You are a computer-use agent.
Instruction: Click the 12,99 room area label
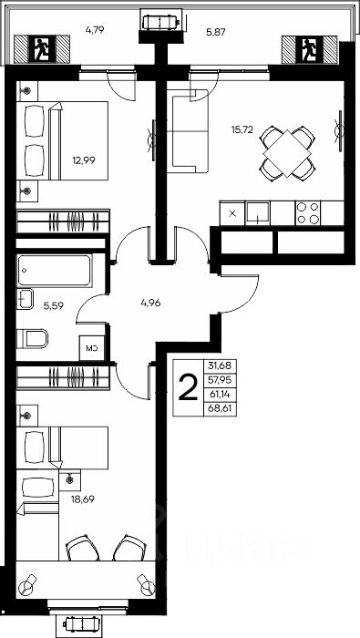coord(84,159)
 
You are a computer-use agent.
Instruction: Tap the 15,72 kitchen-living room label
coord(242,129)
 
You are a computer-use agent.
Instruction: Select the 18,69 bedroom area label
coord(83,499)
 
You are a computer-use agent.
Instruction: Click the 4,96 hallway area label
coord(151,303)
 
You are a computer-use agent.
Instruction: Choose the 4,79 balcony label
coord(95,30)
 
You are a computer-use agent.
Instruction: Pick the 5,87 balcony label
coord(216,31)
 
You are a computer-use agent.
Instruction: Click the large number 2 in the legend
coord(188,387)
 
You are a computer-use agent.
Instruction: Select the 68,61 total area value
coord(220,408)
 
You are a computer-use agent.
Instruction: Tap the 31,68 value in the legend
coord(220,365)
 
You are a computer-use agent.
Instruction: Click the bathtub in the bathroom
coord(54,270)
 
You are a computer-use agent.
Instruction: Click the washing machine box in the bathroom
coord(92,348)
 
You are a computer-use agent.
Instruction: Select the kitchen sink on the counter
coord(258,212)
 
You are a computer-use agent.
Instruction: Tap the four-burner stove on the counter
coord(307,212)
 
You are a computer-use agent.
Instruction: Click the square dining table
coord(287,153)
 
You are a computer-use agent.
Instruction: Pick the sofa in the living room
coord(188,131)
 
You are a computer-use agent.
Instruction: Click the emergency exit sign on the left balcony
coord(41,49)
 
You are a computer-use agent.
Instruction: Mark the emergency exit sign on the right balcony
coord(310,49)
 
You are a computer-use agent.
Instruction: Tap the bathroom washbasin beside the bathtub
coord(24,299)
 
